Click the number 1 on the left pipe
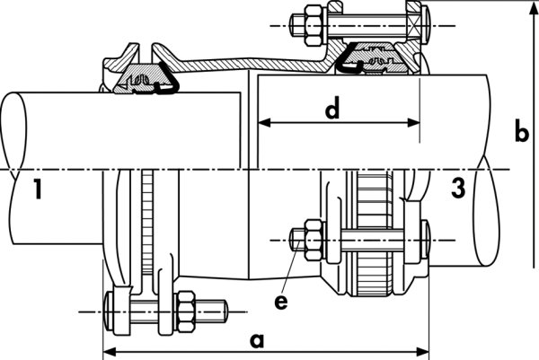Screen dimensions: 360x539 [x=35, y=189]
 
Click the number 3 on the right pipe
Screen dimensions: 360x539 [x=458, y=189]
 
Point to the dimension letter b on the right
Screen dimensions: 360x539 [x=520, y=132]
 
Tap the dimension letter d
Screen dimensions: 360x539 [x=332, y=110]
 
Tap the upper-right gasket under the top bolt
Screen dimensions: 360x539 [x=376, y=61]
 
